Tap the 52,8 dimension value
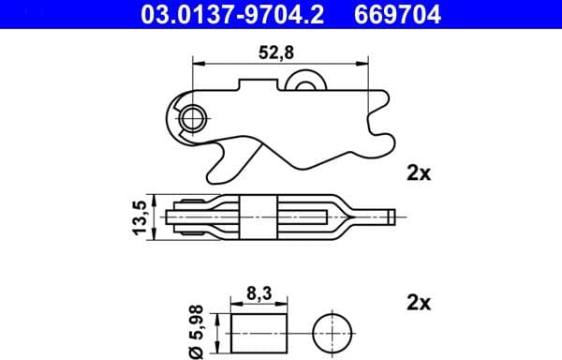pos(277,52)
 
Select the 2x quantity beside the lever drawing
pos(418,172)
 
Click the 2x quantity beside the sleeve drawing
pos(418,303)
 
